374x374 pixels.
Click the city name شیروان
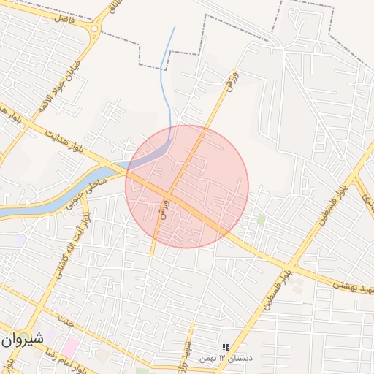pyautogui.click(x=23, y=340)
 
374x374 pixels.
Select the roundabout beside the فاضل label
pyautogui.click(x=94, y=30)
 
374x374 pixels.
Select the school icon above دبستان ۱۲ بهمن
pyautogui.click(x=225, y=346)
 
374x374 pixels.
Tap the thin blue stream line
pyautogui.click(x=167, y=80)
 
